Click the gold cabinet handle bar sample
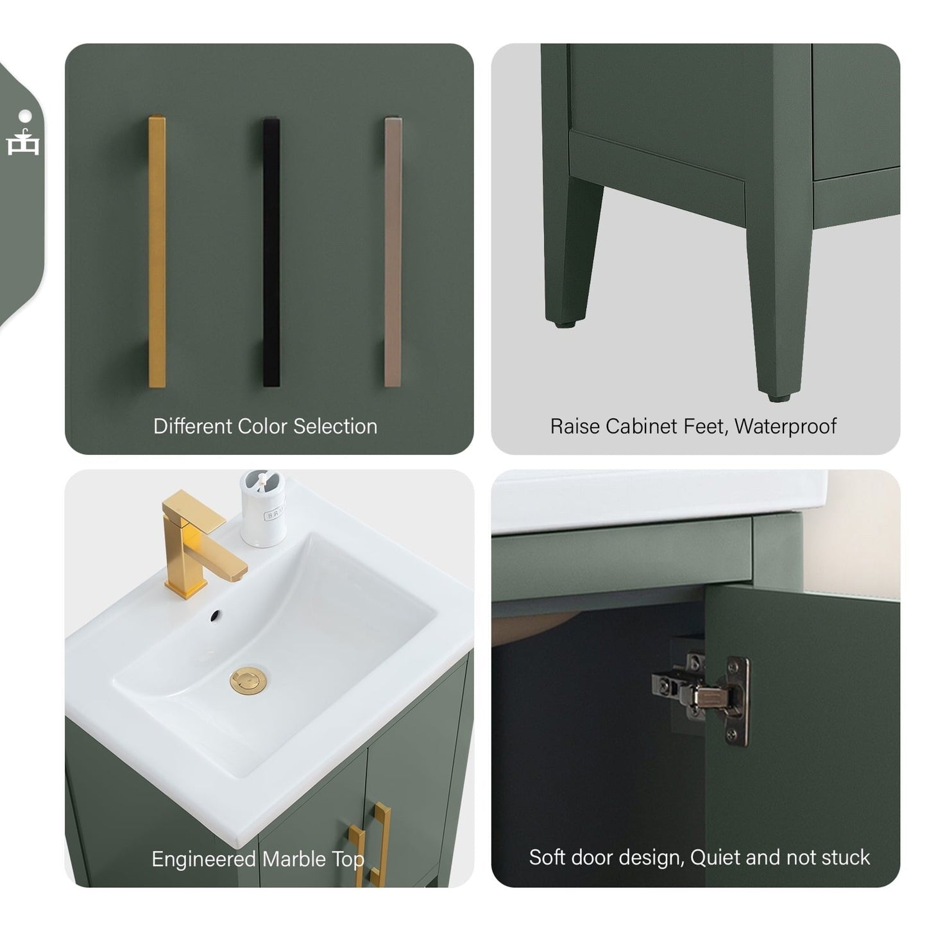tap(157, 251)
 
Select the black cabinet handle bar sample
tap(271, 251)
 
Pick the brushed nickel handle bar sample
tap(393, 251)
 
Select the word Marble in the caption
tap(296, 859)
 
